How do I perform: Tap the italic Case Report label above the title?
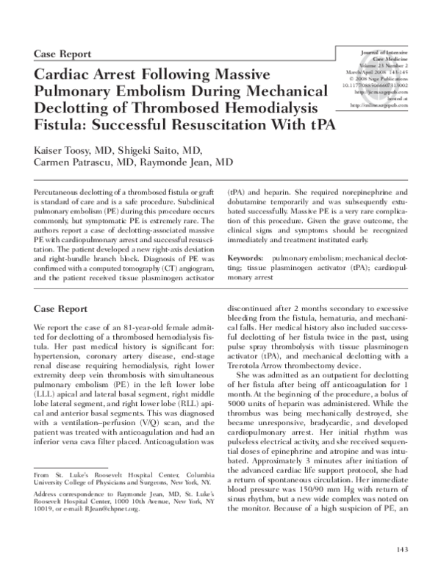click(63, 54)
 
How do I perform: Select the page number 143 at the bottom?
click(401, 549)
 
